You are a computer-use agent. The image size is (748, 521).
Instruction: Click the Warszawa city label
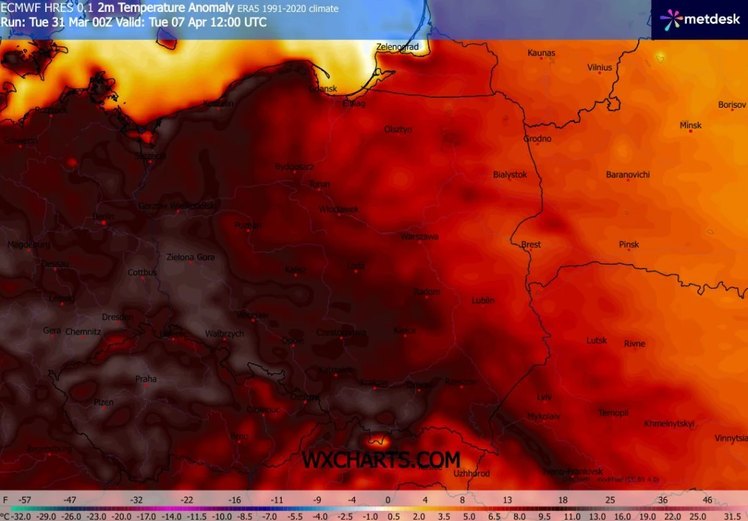click(419, 237)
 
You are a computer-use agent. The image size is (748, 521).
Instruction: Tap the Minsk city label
click(690, 125)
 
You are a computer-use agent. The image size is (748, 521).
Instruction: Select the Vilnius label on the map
click(599, 68)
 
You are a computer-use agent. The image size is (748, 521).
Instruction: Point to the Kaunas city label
click(541, 53)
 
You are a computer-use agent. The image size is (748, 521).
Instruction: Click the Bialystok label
click(509, 175)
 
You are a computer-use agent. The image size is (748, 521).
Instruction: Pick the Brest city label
click(531, 244)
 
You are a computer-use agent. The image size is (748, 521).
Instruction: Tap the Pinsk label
click(629, 244)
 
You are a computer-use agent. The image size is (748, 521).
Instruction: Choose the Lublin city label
click(482, 301)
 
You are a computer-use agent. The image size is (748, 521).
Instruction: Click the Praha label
click(146, 379)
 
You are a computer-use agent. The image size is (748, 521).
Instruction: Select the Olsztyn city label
click(398, 130)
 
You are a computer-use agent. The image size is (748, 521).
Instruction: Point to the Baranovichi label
click(628, 175)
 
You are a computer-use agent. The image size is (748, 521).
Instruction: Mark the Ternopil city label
click(613, 413)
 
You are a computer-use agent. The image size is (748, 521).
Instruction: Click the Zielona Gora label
click(190, 258)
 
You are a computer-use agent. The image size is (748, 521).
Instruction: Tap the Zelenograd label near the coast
click(397, 47)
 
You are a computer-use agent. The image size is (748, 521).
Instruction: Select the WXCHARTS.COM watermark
click(381, 460)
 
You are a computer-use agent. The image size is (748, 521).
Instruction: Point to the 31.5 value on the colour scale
click(730, 515)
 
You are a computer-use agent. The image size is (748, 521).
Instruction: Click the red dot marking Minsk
click(690, 132)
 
